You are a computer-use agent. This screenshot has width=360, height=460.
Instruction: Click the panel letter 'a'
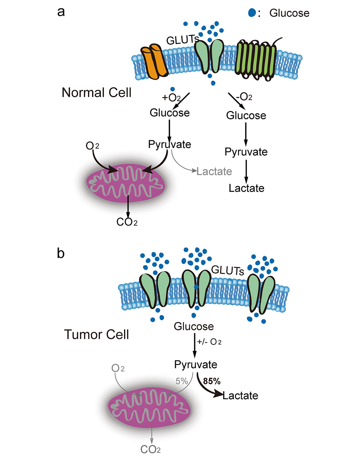click(x=61, y=12)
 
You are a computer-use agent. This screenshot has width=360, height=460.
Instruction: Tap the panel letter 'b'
click(x=61, y=253)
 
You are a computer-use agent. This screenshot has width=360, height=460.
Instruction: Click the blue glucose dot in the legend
click(x=252, y=13)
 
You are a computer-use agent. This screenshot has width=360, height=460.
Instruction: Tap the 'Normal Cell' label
click(x=96, y=92)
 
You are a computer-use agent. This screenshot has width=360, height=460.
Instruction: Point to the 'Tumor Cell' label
click(x=96, y=334)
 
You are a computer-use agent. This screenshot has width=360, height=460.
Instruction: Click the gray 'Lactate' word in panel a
click(x=214, y=171)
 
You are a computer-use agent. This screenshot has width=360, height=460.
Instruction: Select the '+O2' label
click(x=171, y=97)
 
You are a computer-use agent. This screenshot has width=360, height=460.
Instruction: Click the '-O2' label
click(x=244, y=97)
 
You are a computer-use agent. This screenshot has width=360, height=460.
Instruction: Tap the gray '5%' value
click(x=182, y=381)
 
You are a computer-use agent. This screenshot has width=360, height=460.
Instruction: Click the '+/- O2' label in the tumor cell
click(x=209, y=341)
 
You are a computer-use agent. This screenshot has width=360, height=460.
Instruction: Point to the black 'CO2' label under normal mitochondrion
click(x=127, y=222)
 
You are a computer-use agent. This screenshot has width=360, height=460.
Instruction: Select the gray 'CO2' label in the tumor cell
click(x=150, y=449)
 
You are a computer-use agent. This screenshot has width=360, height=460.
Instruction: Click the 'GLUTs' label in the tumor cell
click(x=227, y=270)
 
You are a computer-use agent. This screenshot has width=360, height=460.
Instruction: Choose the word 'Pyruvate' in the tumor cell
click(x=195, y=364)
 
